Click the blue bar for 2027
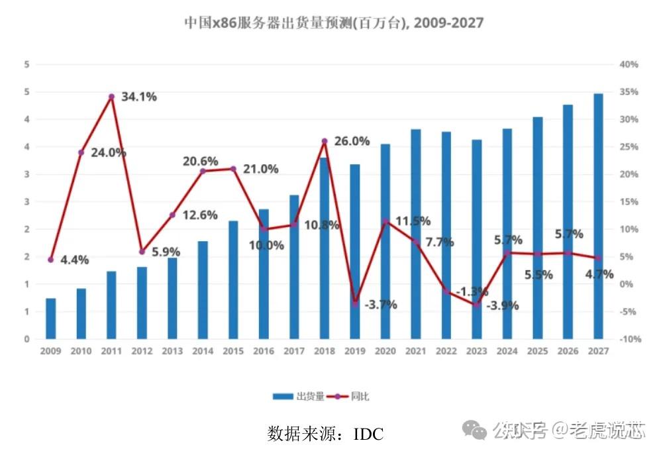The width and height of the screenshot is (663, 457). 598,216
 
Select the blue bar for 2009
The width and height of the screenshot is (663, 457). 51,319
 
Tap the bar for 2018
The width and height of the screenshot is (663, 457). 325,248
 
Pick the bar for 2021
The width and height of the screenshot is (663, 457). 416,234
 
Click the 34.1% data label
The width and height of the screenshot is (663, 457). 138,97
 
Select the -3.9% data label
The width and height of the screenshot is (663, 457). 502,306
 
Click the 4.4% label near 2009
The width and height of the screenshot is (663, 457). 74,260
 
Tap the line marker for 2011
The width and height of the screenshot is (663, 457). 111,97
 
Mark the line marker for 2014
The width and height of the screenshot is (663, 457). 203,172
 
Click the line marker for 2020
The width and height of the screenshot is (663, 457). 385,221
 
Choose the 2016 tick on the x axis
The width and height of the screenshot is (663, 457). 263,351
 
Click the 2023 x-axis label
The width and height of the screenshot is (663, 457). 476,351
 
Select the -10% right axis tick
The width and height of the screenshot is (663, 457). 629,339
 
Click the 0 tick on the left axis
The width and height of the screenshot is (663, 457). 27,339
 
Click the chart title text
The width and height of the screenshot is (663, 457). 333,23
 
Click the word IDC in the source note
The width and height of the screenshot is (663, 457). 368,434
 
